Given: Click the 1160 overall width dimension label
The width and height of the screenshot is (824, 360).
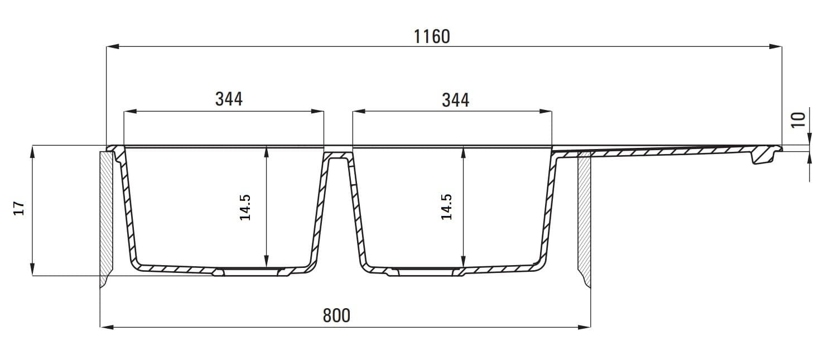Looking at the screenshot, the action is [x=432, y=36].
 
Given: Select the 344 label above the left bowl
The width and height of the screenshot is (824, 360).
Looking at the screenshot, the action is [x=229, y=99].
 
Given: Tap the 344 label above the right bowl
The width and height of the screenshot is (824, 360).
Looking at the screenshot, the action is [x=455, y=100].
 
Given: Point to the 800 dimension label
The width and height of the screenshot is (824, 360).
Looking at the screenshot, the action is [x=336, y=315].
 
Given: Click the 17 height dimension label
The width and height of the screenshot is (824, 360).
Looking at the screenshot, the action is [x=19, y=208].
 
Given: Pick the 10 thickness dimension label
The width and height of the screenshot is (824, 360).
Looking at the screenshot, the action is [x=798, y=121].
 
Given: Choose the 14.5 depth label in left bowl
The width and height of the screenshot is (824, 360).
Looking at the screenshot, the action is [x=245, y=208].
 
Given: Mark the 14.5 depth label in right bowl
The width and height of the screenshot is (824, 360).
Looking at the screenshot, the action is [x=446, y=207].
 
